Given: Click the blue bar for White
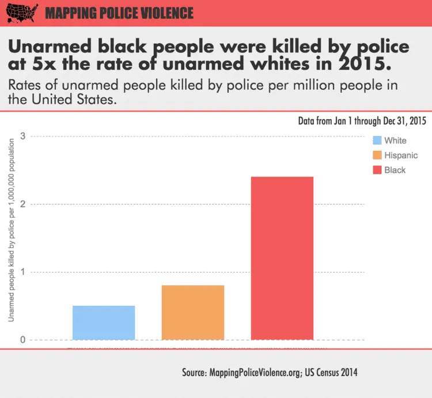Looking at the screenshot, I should (x=104, y=323).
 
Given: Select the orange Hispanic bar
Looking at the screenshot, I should (x=193, y=312).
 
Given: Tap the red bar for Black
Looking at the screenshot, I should (x=282, y=258).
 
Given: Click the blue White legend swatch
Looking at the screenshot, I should (x=378, y=141).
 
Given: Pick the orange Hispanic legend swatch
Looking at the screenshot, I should (x=378, y=155).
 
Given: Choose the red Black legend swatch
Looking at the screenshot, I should (x=378, y=170).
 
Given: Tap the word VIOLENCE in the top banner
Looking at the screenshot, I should (x=165, y=13).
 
